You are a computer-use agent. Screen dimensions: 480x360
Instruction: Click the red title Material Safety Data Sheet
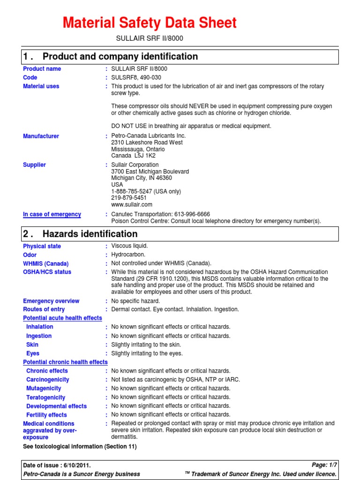(150, 22)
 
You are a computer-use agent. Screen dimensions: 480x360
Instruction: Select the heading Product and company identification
(120, 57)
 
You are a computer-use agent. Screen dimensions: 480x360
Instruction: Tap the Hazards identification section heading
(90, 234)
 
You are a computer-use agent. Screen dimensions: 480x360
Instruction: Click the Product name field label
(42, 69)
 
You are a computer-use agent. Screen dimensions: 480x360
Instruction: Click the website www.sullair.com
(132, 204)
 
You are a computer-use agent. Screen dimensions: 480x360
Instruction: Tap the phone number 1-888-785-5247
(132, 191)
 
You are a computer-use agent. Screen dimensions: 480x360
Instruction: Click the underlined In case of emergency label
(52, 214)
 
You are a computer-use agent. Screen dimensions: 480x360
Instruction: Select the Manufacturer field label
(41, 136)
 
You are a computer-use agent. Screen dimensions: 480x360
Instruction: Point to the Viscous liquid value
(129, 246)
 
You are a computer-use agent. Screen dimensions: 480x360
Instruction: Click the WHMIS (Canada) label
(45, 263)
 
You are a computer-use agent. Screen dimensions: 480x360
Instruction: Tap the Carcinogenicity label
(47, 380)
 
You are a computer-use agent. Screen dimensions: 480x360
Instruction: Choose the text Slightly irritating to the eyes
(147, 353)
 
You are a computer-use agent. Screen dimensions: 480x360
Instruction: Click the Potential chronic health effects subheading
(65, 362)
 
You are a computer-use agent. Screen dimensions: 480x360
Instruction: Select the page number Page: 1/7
(324, 465)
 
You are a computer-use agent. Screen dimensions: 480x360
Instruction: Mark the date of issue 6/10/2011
(75, 465)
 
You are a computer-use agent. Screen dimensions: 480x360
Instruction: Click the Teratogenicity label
(45, 397)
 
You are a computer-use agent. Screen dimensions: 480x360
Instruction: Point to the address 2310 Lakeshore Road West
(147, 142)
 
